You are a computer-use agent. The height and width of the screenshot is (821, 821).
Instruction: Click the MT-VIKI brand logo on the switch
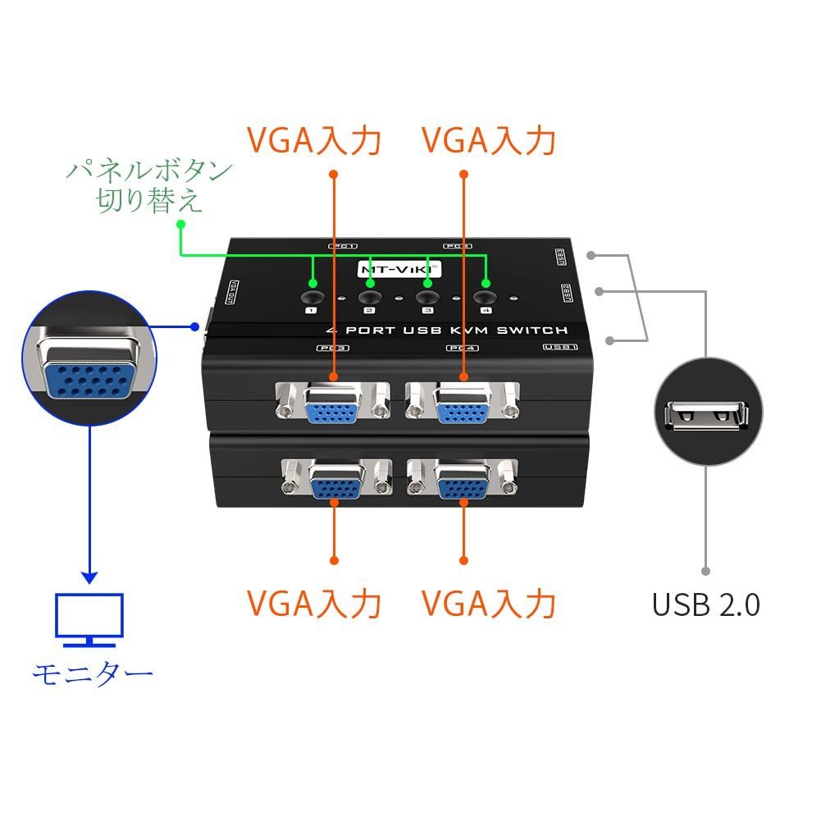point(399,268)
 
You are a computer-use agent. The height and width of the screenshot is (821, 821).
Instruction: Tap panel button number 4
point(486,299)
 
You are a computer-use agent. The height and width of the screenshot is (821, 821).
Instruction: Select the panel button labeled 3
point(426,299)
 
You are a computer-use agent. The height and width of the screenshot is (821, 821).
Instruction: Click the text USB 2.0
point(705,604)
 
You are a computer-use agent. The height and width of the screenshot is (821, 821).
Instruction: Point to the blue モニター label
point(92,674)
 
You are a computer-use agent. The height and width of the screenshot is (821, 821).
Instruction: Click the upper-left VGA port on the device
point(332,404)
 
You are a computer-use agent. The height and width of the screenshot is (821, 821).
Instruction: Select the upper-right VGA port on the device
point(463,404)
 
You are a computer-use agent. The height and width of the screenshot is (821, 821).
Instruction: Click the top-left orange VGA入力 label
point(314,140)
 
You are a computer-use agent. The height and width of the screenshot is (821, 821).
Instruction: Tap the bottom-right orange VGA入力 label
point(489,604)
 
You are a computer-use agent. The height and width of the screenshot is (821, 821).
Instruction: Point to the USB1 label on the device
point(560,348)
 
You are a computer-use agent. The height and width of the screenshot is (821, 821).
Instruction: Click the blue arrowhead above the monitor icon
point(89,576)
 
